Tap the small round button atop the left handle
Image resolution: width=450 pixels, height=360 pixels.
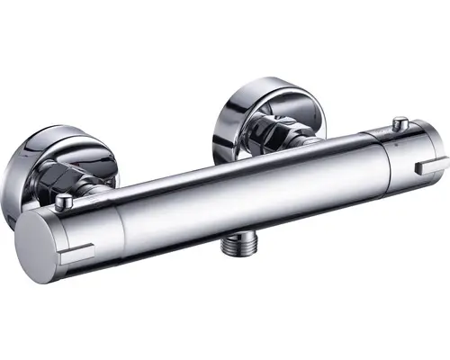[64, 202]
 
